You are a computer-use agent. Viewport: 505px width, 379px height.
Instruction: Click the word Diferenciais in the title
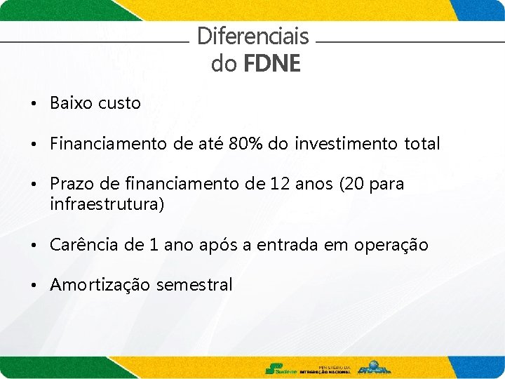coord(252,36)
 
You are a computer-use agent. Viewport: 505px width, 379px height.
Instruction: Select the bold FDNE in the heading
coord(271,64)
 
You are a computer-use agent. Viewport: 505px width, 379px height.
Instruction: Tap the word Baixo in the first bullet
coord(72,103)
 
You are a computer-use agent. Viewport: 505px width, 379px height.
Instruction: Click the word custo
coord(119,103)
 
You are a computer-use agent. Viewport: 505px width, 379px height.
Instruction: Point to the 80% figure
coord(246,144)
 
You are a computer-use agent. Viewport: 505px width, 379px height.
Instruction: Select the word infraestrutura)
coord(107,204)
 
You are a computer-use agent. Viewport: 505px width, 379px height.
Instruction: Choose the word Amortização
coord(100,285)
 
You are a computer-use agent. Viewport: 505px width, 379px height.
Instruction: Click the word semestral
coord(194,285)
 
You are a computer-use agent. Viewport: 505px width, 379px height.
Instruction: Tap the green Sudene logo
coord(280,368)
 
